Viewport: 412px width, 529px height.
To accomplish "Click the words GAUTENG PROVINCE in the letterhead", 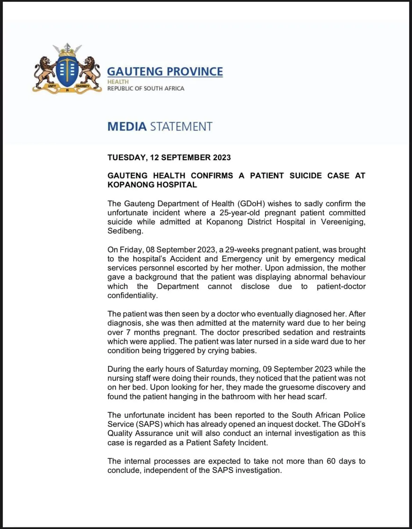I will [165, 72].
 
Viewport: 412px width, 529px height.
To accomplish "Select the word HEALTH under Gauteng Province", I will [118, 82].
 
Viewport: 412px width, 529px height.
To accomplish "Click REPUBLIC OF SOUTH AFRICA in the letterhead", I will [145, 89].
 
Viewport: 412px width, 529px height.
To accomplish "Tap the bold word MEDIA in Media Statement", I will [127, 126].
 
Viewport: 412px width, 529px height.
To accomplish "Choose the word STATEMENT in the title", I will [181, 126].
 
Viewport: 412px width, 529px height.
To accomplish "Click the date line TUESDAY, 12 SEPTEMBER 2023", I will [169, 157].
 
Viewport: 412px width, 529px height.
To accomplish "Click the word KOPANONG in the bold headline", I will [129, 185].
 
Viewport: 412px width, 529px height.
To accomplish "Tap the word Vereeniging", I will [343, 222].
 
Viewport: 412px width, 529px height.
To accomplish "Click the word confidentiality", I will [132, 296].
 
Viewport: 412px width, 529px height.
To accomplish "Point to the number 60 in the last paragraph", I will [331, 461].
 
